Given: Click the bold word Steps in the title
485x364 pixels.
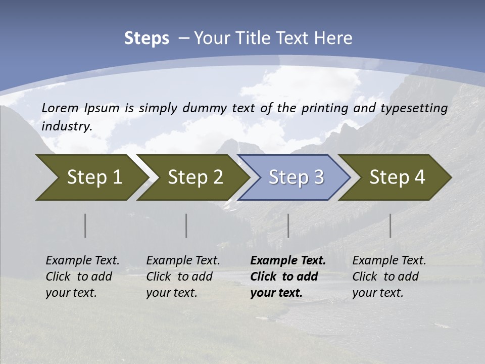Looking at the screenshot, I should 147,38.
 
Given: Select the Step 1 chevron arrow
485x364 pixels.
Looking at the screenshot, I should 91,177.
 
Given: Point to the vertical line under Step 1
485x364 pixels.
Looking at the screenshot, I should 85,225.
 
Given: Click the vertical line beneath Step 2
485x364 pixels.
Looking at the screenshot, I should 186,225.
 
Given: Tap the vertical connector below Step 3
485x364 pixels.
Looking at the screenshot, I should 288,225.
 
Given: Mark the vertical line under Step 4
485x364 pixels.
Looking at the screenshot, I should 390,225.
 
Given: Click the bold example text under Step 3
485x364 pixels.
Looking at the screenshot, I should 287,277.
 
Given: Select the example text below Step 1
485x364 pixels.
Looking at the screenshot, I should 82,277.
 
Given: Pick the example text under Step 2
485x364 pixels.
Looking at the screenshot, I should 183,277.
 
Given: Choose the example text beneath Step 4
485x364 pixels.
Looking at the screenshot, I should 389,277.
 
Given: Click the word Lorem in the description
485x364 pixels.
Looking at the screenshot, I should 60,108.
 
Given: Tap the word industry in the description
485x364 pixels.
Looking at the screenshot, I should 67,126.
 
